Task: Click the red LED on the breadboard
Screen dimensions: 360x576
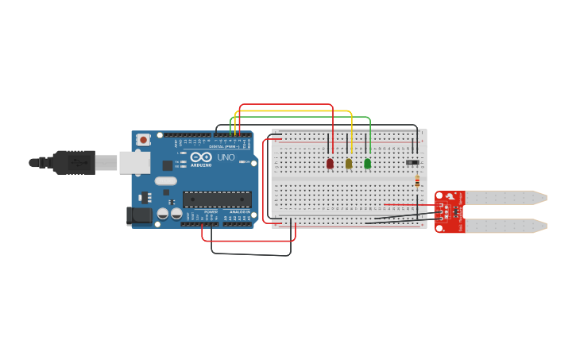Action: [x=330, y=163]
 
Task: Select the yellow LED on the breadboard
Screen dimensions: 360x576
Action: [x=349, y=163]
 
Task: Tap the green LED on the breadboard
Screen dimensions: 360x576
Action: [x=367, y=163]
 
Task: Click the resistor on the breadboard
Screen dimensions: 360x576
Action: [x=417, y=181]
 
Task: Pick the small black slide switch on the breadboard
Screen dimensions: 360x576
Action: [x=412, y=162]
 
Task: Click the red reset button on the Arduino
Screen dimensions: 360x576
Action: [x=143, y=140]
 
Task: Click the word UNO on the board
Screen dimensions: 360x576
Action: [x=226, y=157]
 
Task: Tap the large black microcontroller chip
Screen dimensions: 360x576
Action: [x=217, y=199]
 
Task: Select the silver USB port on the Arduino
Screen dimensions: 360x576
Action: [x=134, y=163]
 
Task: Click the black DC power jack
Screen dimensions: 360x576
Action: [x=140, y=215]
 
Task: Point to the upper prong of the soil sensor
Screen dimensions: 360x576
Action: [x=505, y=197]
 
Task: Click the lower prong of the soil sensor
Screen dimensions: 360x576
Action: [x=505, y=226]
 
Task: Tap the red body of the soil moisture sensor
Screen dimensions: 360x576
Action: [x=450, y=211]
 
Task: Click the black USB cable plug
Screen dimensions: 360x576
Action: [x=75, y=162]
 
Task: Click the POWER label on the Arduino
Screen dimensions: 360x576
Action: [x=211, y=212]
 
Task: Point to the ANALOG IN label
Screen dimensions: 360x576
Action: [x=238, y=212]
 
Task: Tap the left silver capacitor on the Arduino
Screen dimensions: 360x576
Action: [x=163, y=213]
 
